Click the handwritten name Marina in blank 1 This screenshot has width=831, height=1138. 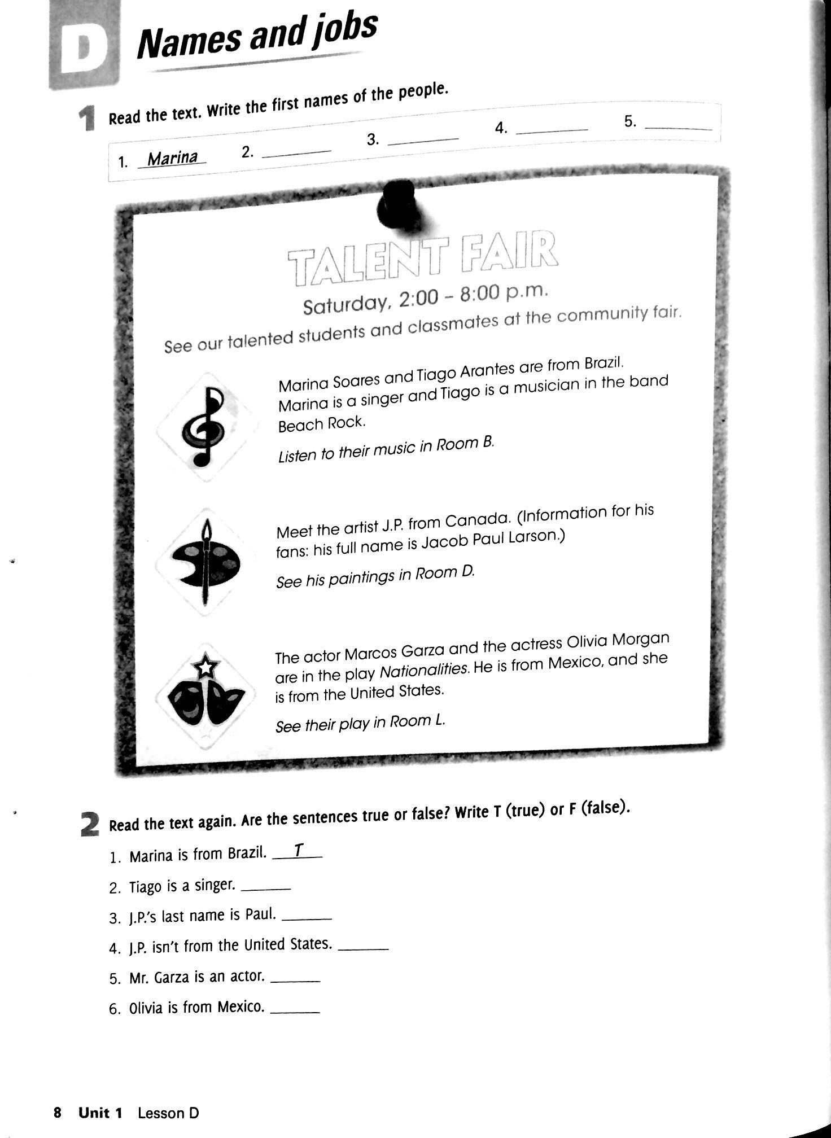172,157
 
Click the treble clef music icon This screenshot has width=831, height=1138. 204,427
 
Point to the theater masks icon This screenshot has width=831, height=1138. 205,698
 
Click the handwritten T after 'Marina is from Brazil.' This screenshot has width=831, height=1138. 299,850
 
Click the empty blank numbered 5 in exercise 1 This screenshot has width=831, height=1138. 677,128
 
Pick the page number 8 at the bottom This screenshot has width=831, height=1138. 57,1112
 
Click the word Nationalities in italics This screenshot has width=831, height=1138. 425,670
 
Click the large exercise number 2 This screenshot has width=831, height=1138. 90,824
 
